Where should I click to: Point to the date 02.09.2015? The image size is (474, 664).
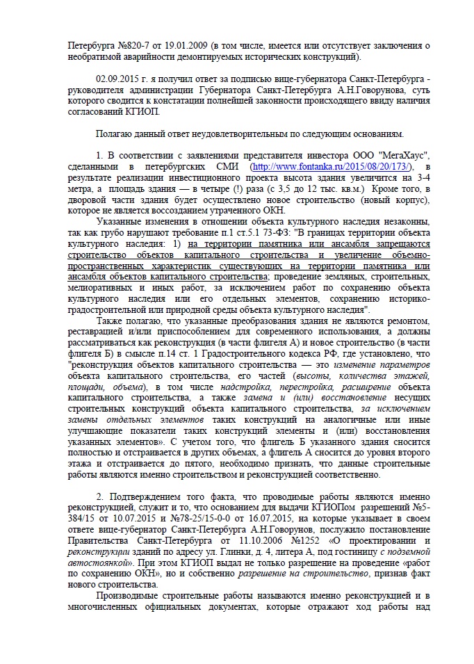120,81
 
